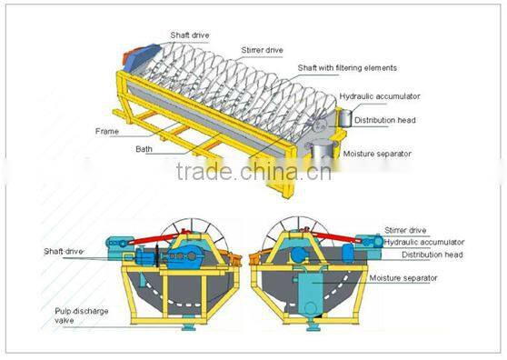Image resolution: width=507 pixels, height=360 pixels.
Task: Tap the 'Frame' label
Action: [x=107, y=131]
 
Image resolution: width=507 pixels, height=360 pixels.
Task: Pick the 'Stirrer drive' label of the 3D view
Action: [x=262, y=49]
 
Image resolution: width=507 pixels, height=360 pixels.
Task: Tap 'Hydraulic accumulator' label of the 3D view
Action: [x=381, y=95]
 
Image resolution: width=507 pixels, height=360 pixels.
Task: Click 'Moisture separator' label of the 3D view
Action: [x=378, y=154]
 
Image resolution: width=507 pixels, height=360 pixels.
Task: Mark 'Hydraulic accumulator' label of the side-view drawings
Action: [x=423, y=243]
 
